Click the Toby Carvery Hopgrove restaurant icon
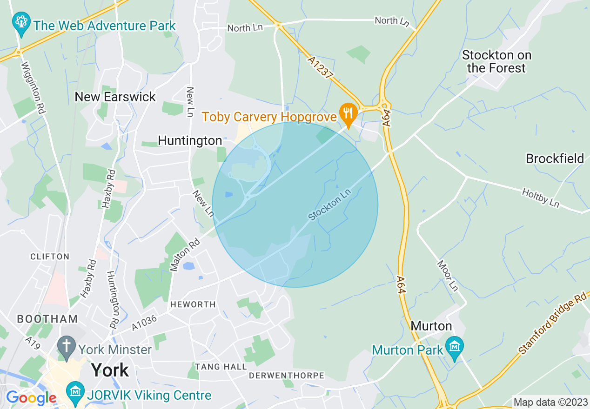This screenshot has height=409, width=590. coord(348,112)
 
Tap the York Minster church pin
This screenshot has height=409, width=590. coord(67,348)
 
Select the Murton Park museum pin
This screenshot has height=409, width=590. coord(454,347)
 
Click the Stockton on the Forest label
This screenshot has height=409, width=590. coord(496,62)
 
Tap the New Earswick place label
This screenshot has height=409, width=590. coord(115,97)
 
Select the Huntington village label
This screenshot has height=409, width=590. coord(190,140)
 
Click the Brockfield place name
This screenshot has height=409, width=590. coord(555,159)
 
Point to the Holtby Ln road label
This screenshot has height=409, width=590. coord(541,198)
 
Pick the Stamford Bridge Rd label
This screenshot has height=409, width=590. coord(554,323)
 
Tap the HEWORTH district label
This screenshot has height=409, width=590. coord(193,304)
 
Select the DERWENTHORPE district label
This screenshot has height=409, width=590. coord(286,375)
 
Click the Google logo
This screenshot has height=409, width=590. coord(31,398)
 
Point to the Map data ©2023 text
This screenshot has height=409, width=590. coord(550,402)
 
